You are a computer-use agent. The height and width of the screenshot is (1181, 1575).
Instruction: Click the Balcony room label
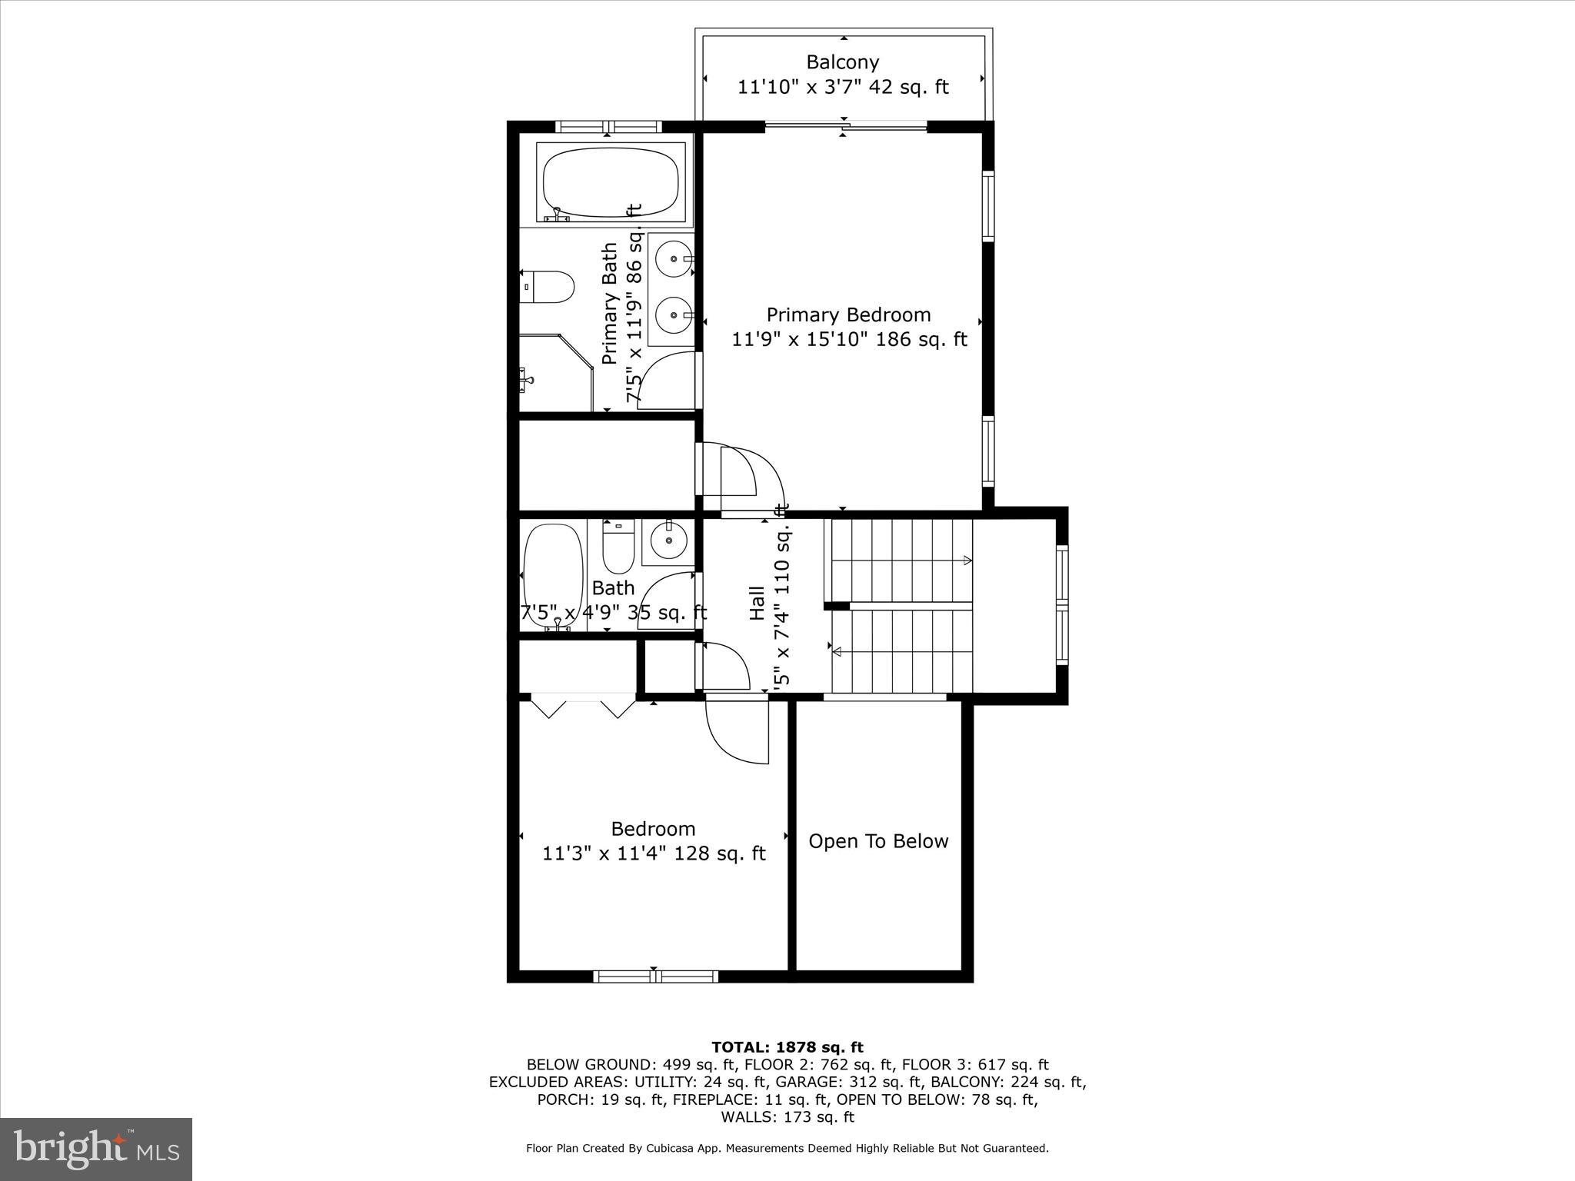[842, 62]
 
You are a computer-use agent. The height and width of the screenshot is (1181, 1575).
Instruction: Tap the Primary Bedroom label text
[848, 315]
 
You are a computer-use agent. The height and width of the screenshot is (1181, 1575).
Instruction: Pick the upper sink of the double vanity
[674, 260]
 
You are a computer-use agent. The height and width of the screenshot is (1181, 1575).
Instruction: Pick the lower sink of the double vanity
[674, 314]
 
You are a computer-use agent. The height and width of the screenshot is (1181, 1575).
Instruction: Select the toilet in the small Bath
[618, 547]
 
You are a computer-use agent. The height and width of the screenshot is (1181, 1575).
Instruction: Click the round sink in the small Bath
[668, 540]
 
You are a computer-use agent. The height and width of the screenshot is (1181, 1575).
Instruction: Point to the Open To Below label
[878, 841]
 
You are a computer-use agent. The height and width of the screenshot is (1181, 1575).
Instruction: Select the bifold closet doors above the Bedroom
[583, 707]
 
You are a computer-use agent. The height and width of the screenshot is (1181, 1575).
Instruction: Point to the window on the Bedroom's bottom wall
[655, 976]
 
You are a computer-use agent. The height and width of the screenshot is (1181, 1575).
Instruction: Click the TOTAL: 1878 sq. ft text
[787, 1047]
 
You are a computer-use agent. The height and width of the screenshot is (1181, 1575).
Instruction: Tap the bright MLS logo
[95, 1149]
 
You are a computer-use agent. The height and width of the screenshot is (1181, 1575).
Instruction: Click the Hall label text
[757, 604]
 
